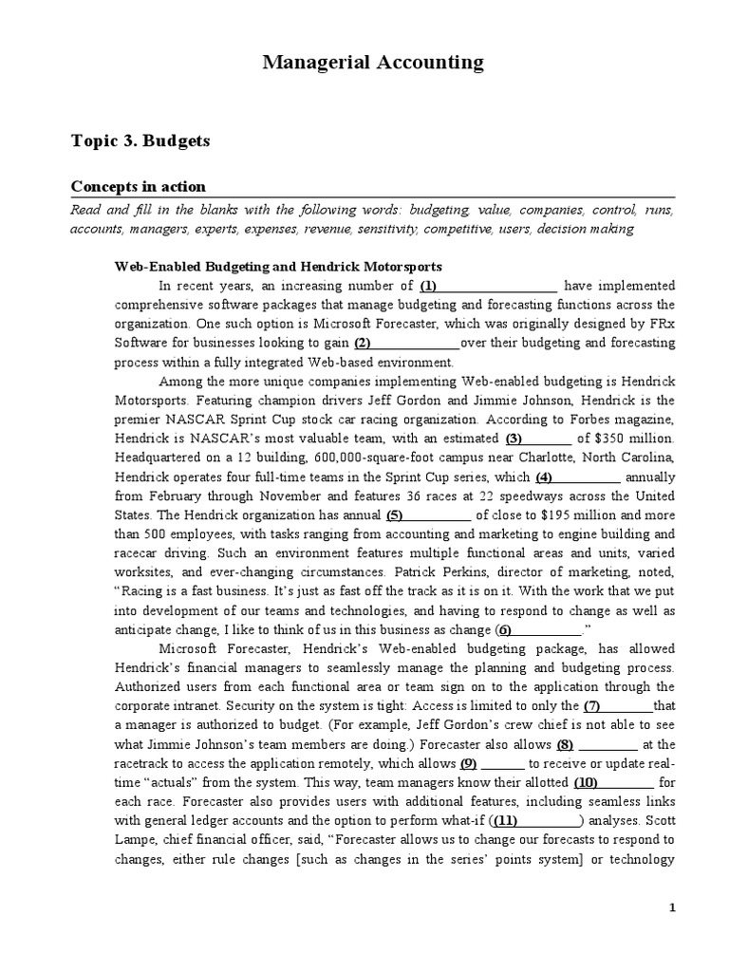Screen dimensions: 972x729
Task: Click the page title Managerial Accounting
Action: (x=372, y=64)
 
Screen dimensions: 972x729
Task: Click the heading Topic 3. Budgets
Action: (x=140, y=140)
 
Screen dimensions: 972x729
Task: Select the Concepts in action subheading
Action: (x=139, y=186)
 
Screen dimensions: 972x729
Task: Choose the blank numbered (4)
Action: (x=577, y=477)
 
